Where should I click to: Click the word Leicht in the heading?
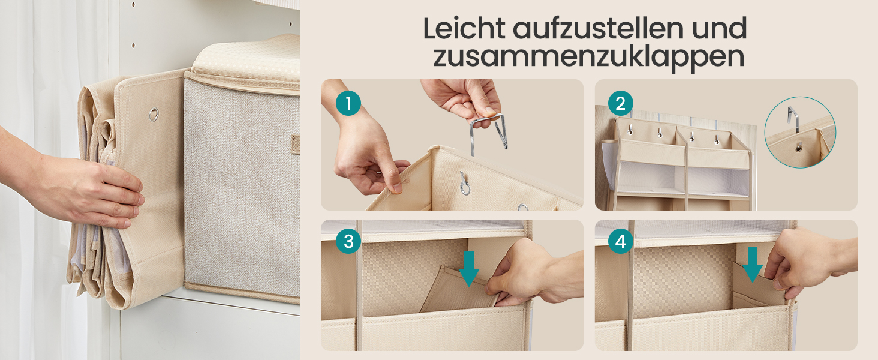(464, 28)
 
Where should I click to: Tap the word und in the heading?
(720, 29)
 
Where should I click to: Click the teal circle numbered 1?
(348, 103)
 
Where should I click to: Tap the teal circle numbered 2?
(621, 103)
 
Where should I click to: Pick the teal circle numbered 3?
(348, 241)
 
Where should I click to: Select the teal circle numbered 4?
(621, 241)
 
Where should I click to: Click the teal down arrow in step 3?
(469, 269)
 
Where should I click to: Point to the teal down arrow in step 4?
(752, 265)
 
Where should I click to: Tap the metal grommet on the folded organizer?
(154, 115)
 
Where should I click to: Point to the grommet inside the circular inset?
(799, 148)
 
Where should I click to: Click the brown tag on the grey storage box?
(295, 145)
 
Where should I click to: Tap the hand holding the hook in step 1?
(462, 98)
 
